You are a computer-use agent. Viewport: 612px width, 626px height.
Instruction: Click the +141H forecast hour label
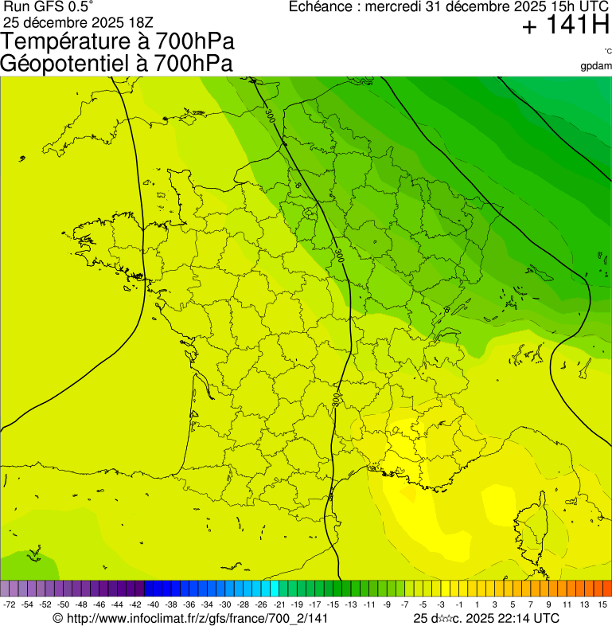coord(566,26)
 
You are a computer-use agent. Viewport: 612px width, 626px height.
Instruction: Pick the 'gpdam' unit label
coord(596,65)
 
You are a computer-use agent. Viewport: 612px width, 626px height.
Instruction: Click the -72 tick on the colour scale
coord(10,605)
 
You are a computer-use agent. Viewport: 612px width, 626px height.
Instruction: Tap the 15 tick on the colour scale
coord(602,605)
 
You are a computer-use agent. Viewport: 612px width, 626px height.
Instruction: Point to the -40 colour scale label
coord(152,605)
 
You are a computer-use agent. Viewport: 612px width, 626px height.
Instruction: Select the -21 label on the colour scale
coord(279,605)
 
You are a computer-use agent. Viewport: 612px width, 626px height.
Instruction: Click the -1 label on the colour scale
coord(458,605)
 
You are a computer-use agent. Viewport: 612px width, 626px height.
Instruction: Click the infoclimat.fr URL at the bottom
coord(190,618)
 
